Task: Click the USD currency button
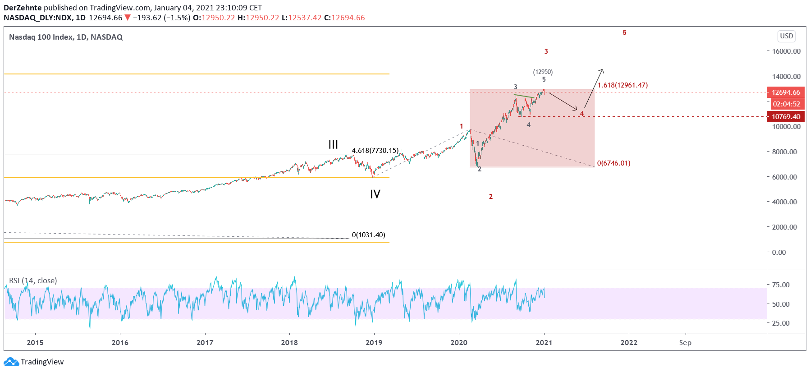click(x=786, y=36)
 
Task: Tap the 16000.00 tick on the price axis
click(x=786, y=51)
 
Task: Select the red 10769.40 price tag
click(x=786, y=117)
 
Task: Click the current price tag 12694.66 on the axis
click(x=786, y=92)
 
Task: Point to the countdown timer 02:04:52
click(x=786, y=104)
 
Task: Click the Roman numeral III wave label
click(x=333, y=145)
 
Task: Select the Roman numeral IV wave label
click(x=375, y=194)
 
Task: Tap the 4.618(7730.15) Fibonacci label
click(x=375, y=151)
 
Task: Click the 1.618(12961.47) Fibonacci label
click(x=622, y=85)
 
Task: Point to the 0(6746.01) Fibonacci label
click(x=613, y=163)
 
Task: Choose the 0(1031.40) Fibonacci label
click(x=368, y=235)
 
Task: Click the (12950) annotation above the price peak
click(x=543, y=72)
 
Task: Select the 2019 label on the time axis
click(x=374, y=343)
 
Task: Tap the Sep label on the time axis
click(x=685, y=343)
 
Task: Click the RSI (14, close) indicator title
click(x=33, y=281)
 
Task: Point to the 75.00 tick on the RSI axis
click(x=781, y=285)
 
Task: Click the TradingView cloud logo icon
click(x=11, y=362)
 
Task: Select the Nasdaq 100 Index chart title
click(x=66, y=37)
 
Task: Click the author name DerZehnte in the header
click(x=23, y=8)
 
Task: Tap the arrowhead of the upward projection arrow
click(x=602, y=70)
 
